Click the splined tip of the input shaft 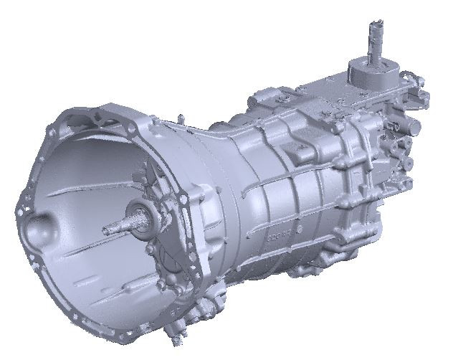[x=108, y=230]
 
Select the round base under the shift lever [x=369, y=72]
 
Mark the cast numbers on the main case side [x=281, y=234]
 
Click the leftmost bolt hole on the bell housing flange [x=17, y=212]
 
